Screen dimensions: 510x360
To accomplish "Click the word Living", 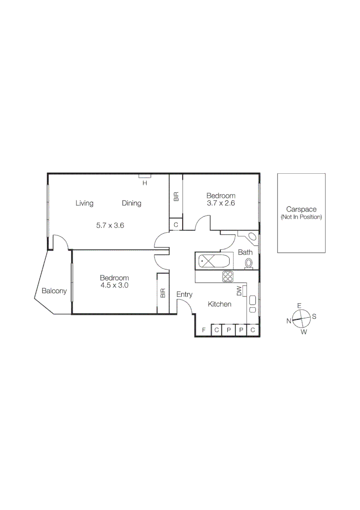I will coord(84,203).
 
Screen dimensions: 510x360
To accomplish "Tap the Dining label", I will coord(132,203).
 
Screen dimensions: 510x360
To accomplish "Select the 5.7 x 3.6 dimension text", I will coord(110,225).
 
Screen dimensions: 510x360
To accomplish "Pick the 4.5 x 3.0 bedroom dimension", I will coord(114,285).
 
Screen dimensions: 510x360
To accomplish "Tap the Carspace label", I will coord(301,209).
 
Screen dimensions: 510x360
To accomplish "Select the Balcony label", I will coord(54,291).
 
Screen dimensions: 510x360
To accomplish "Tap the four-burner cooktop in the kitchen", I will coord(228,276).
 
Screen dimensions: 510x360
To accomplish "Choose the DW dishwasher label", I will coord(239,291).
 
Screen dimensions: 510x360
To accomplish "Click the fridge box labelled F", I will coord(203,330).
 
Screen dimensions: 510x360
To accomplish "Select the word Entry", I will coord(184,294).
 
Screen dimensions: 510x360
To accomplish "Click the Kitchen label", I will coord(219,304).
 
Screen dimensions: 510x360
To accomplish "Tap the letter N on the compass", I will coord(289,321).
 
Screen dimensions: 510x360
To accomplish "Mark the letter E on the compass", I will coord(299,306).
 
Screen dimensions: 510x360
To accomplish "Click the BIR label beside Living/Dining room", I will coord(176,196).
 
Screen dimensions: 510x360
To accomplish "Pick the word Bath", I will coord(245,252).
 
